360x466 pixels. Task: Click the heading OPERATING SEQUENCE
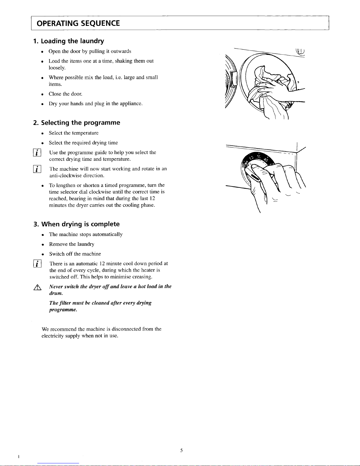pos(78,23)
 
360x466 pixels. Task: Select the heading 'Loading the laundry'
pos(68,41)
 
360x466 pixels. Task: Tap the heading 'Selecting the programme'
pos(76,123)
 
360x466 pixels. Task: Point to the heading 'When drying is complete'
pos(76,224)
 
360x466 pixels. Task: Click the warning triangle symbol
pos(37,287)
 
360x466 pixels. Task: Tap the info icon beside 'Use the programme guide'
pos(37,153)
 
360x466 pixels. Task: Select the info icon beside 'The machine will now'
pos(37,169)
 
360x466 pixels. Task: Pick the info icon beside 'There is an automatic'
pos(37,263)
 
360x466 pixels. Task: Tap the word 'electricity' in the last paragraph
pos(53,336)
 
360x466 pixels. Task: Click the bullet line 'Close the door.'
pos(65,94)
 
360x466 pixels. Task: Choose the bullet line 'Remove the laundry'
pos(72,244)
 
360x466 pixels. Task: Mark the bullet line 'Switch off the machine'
pos(75,254)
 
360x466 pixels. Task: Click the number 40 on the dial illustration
pos(266,160)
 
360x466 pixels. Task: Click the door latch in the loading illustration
pos(234,78)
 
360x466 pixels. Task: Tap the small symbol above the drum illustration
pos(300,52)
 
